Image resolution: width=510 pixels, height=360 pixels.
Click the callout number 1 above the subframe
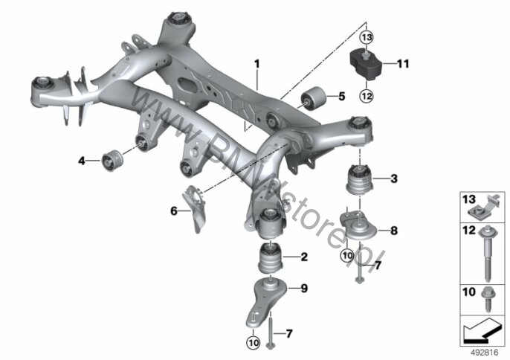[x=257, y=64]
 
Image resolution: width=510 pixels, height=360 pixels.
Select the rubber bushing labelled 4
[x=112, y=160]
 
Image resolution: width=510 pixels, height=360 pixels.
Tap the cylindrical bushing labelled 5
[x=313, y=97]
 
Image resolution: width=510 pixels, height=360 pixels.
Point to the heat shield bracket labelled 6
[x=195, y=209]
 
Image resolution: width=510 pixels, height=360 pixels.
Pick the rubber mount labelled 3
[x=359, y=180]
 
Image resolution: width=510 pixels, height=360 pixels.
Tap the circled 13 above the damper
[x=367, y=37]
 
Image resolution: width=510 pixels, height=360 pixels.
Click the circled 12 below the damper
[x=367, y=96]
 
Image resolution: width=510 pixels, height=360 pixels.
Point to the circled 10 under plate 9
[x=254, y=342]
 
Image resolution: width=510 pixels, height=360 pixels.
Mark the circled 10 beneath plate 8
[x=347, y=256]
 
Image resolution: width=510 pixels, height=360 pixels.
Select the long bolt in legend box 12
[x=487, y=253]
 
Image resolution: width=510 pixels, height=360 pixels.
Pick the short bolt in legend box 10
[x=488, y=299]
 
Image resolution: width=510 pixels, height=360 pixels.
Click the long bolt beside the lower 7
[x=271, y=331]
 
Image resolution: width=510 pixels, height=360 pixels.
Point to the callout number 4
[x=81, y=161]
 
